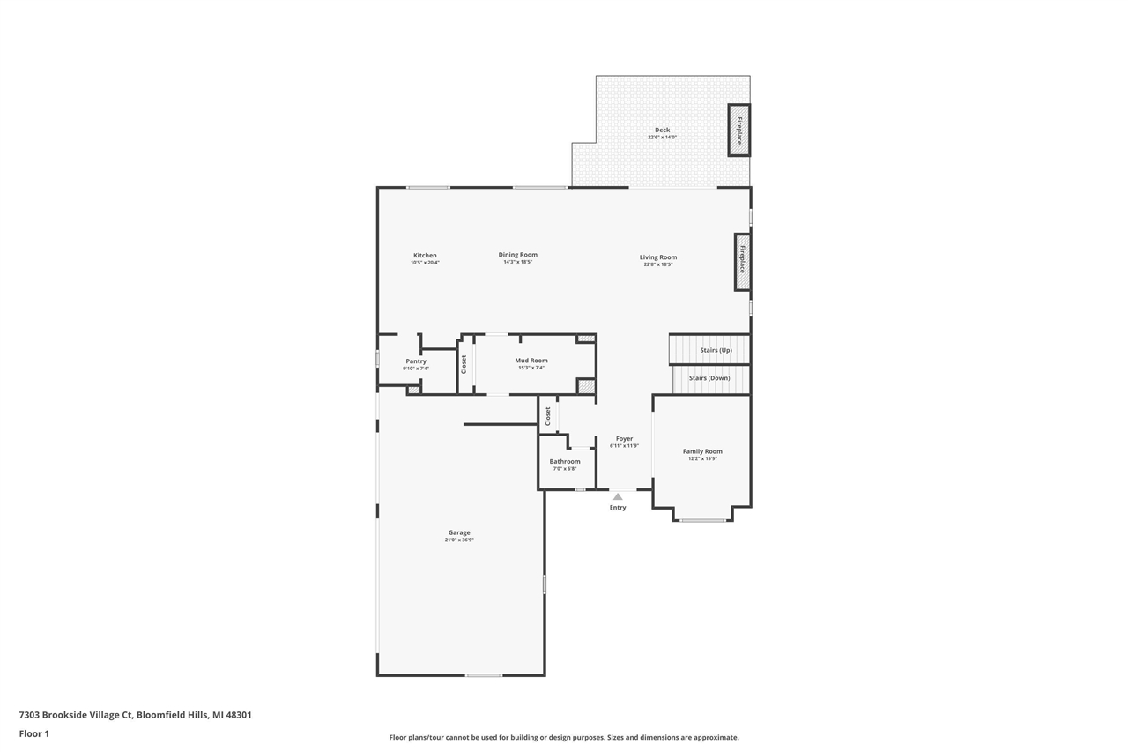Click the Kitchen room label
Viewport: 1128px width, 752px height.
coord(425,256)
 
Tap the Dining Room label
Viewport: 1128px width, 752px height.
coord(517,255)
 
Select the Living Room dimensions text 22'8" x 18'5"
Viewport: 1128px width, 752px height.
coord(658,264)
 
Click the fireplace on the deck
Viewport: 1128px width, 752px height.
coord(738,130)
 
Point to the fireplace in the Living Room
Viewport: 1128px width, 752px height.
coord(742,262)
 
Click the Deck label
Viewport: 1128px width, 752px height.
coord(662,130)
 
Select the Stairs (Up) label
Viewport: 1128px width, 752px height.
coord(716,350)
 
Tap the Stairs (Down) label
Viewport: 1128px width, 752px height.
coord(709,378)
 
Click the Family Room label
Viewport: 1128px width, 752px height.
coord(702,451)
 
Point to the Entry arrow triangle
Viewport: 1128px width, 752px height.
coord(618,497)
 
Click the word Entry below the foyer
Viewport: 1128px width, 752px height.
coord(618,508)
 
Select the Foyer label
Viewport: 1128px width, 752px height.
coord(624,438)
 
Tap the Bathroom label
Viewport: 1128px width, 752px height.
coord(565,461)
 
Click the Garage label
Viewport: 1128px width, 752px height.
coord(459,532)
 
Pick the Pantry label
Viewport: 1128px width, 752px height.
coord(416,361)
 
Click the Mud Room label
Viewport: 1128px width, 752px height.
coord(531,360)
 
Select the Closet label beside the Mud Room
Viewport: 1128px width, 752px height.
coord(464,364)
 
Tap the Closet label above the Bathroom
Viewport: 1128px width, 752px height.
coord(548,416)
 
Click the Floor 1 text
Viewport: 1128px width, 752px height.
coord(34,733)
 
